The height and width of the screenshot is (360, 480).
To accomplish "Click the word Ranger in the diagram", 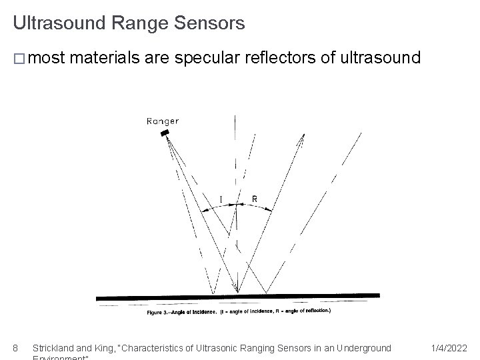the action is click(x=163, y=121).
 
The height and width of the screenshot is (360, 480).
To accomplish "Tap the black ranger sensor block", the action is click(x=165, y=133).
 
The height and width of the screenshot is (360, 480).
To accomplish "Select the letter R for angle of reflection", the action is click(x=254, y=199).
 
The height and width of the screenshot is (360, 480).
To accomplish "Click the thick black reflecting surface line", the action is click(x=238, y=297).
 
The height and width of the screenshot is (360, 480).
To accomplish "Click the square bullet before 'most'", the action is click(x=19, y=59).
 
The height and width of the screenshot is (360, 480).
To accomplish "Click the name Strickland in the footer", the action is click(x=55, y=347).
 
